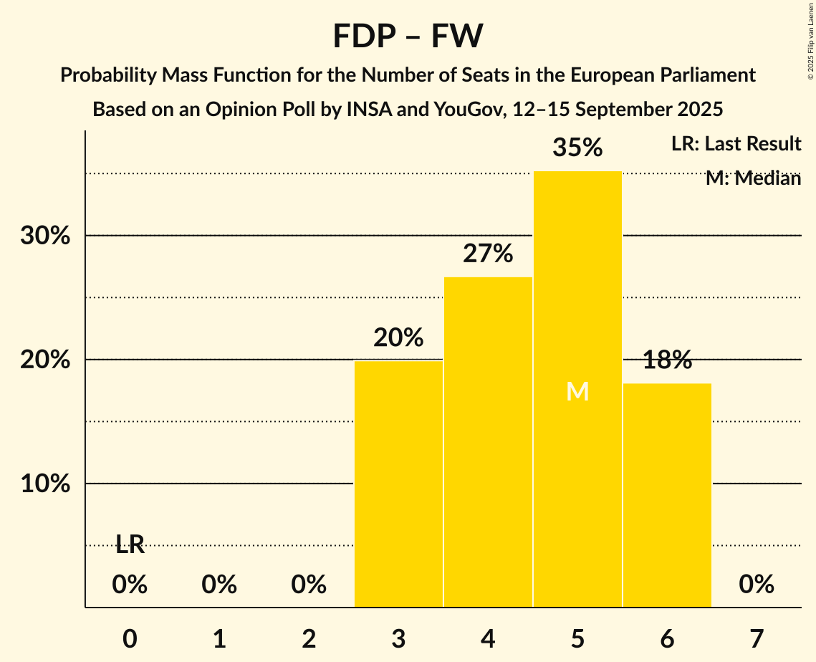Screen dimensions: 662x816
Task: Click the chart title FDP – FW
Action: coord(408,36)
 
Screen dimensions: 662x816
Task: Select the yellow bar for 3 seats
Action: coord(398,484)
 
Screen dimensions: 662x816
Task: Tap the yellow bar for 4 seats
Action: coord(488,442)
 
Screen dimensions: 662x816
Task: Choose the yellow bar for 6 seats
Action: coord(667,495)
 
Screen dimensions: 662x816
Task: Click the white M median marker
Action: coord(577,392)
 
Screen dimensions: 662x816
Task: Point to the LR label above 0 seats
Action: coord(130,545)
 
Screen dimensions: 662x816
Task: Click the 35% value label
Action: coord(577,148)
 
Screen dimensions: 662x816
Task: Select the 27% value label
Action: coord(488,254)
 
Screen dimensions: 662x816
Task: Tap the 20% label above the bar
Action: coord(398,337)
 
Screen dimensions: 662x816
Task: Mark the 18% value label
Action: coord(667,360)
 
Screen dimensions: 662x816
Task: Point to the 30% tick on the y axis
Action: coord(45,236)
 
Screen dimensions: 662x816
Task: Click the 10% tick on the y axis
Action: coord(45,484)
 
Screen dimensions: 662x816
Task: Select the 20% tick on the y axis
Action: coord(45,360)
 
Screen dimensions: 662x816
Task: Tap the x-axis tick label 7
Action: coord(757,638)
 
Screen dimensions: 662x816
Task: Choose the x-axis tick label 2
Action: coord(309,638)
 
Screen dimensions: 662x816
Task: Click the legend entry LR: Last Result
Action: coord(736,144)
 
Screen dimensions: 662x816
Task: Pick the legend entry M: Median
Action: coord(753,178)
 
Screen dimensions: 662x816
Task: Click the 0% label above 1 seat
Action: coord(219,585)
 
